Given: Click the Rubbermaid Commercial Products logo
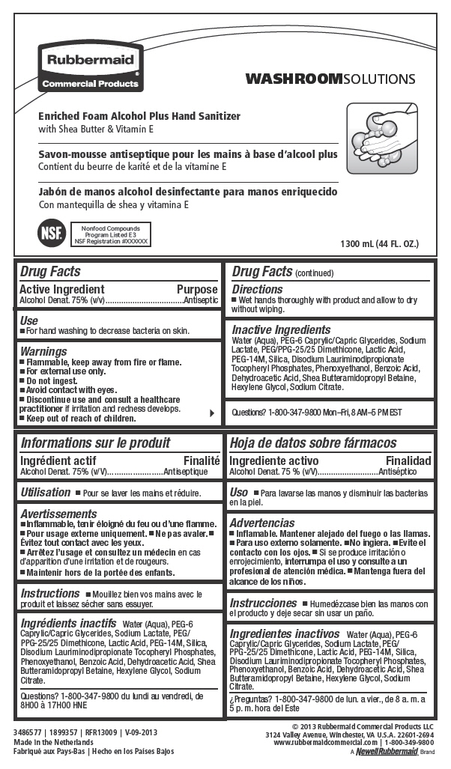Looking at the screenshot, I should pos(89,67).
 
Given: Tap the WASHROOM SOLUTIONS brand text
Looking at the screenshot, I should pos(330,79).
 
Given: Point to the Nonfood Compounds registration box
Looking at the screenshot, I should pos(111,234).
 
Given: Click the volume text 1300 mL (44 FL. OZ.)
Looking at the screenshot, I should pos(379,244).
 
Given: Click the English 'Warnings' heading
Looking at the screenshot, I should pos(43,351).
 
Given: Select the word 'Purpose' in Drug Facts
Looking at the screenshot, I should pos(197,290).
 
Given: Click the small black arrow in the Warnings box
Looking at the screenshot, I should pos(212,413).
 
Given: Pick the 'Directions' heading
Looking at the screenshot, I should pos(257,290).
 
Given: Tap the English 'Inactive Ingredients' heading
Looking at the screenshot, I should pos(281,329).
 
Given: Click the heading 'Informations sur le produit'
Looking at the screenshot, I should pos(95,443).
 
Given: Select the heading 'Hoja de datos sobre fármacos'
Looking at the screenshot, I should pos(313,443).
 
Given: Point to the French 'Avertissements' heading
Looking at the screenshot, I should pos(59,514).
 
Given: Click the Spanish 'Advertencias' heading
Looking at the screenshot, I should pos(262,523).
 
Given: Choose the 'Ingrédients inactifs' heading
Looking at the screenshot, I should pos(68,623).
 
